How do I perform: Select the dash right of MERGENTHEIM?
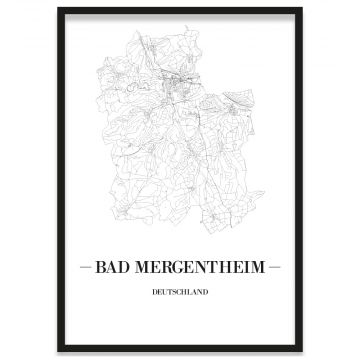[276, 268]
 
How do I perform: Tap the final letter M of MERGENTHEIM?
[259, 268]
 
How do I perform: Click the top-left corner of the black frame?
[58, 8]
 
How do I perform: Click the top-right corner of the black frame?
[301, 8]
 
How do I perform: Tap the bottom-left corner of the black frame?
[58, 351]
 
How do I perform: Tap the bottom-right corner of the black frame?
[301, 351]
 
